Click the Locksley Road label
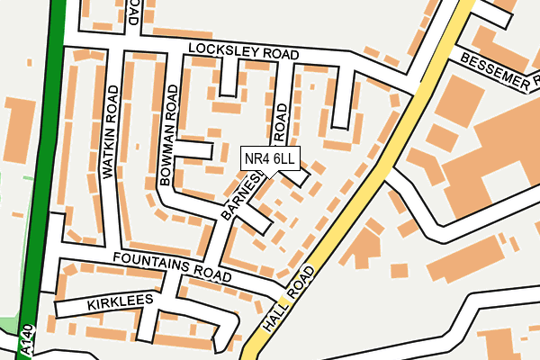click(242, 53)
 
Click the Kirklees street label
click(115, 305)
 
